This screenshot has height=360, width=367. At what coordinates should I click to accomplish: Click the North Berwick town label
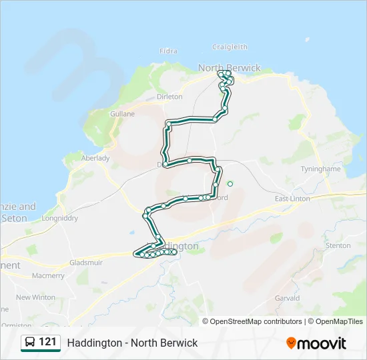pyautogui.click(x=230, y=68)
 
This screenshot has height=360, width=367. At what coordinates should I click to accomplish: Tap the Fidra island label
pyautogui.click(x=169, y=51)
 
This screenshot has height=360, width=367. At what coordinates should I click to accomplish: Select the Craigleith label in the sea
pyautogui.click(x=230, y=47)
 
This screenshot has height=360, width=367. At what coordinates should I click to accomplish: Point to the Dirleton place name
pyautogui.click(x=169, y=97)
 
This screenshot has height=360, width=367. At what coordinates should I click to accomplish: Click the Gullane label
pyautogui.click(x=122, y=114)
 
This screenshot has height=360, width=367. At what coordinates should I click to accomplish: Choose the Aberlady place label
pyautogui.click(x=95, y=158)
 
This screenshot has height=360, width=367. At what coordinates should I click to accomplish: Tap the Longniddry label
pyautogui.click(x=60, y=218)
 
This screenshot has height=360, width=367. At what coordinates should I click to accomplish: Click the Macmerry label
pyautogui.click(x=48, y=275)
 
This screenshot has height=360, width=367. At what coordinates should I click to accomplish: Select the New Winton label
pyautogui.click(x=35, y=297)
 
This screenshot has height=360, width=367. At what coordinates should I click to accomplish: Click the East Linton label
pyautogui.click(x=293, y=199)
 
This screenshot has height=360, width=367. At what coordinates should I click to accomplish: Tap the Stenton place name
pyautogui.click(x=338, y=245)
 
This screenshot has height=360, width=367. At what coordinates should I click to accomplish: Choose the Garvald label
pyautogui.click(x=287, y=299)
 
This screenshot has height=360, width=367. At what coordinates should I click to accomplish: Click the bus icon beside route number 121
pyautogui.click(x=30, y=343)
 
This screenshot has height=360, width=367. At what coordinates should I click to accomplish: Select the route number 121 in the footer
pyautogui.click(x=47, y=342)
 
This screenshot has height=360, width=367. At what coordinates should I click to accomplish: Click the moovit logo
pyautogui.click(x=316, y=343)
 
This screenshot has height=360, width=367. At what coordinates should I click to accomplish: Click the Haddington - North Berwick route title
pyautogui.click(x=132, y=343)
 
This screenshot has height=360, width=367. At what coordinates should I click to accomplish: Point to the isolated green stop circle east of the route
pyautogui.click(x=230, y=184)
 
